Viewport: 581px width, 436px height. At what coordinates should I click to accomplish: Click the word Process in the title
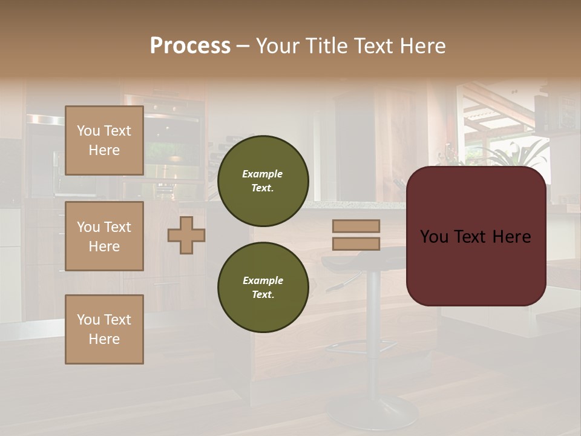[x=190, y=46]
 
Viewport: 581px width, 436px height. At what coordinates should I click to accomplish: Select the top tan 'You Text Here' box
[x=104, y=140]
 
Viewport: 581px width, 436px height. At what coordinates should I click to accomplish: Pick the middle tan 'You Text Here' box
[x=104, y=236]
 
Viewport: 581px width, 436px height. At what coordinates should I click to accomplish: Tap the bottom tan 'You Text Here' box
[x=104, y=329]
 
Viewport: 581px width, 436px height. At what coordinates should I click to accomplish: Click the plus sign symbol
[x=186, y=235]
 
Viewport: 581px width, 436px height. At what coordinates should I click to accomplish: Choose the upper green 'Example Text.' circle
[x=263, y=180]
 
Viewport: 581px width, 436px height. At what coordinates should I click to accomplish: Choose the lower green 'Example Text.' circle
[x=263, y=287]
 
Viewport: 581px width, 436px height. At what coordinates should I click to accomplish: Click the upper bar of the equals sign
[x=356, y=226]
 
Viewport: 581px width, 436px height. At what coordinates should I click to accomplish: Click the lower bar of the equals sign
[x=356, y=243]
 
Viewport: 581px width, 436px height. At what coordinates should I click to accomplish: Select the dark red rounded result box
[x=476, y=236]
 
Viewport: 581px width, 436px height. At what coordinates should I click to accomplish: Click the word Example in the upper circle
[x=263, y=174]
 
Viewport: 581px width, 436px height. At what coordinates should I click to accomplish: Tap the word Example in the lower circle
[x=263, y=280]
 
